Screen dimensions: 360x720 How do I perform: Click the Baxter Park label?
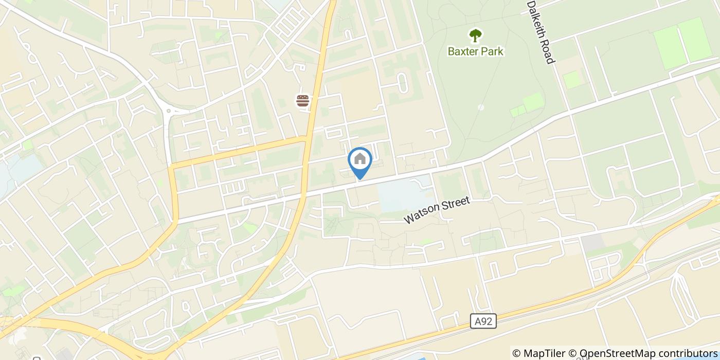click(475, 51)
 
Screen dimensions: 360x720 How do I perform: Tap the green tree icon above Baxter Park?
click(475, 35)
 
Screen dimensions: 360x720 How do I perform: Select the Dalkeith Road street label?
click(541, 32)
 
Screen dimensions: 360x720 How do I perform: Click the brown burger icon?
click(303, 100)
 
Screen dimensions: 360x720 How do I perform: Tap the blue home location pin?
click(360, 160)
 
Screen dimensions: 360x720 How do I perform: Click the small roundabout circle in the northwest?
click(168, 109)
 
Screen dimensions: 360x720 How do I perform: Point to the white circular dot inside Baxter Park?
click(481, 107)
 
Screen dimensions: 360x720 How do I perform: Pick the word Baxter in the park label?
click(462, 51)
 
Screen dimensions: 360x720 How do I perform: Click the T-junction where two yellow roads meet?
click(307, 138)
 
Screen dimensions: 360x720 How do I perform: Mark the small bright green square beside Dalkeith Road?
click(571, 80)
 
